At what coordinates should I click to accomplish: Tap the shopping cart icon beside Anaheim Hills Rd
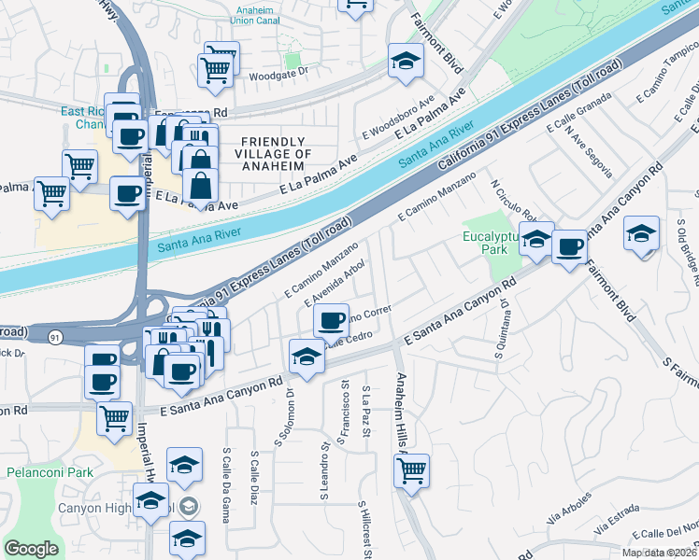coord(411,470)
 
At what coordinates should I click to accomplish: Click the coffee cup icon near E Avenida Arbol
coord(330,321)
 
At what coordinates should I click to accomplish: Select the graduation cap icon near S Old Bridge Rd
coord(642,233)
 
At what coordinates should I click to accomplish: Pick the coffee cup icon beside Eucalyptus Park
coord(569,246)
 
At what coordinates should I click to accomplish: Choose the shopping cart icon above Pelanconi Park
coord(115,418)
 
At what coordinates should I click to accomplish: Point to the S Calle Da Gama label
coord(227,477)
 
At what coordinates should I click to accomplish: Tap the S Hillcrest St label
coord(363,528)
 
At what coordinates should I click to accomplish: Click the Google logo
coord(31,549)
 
